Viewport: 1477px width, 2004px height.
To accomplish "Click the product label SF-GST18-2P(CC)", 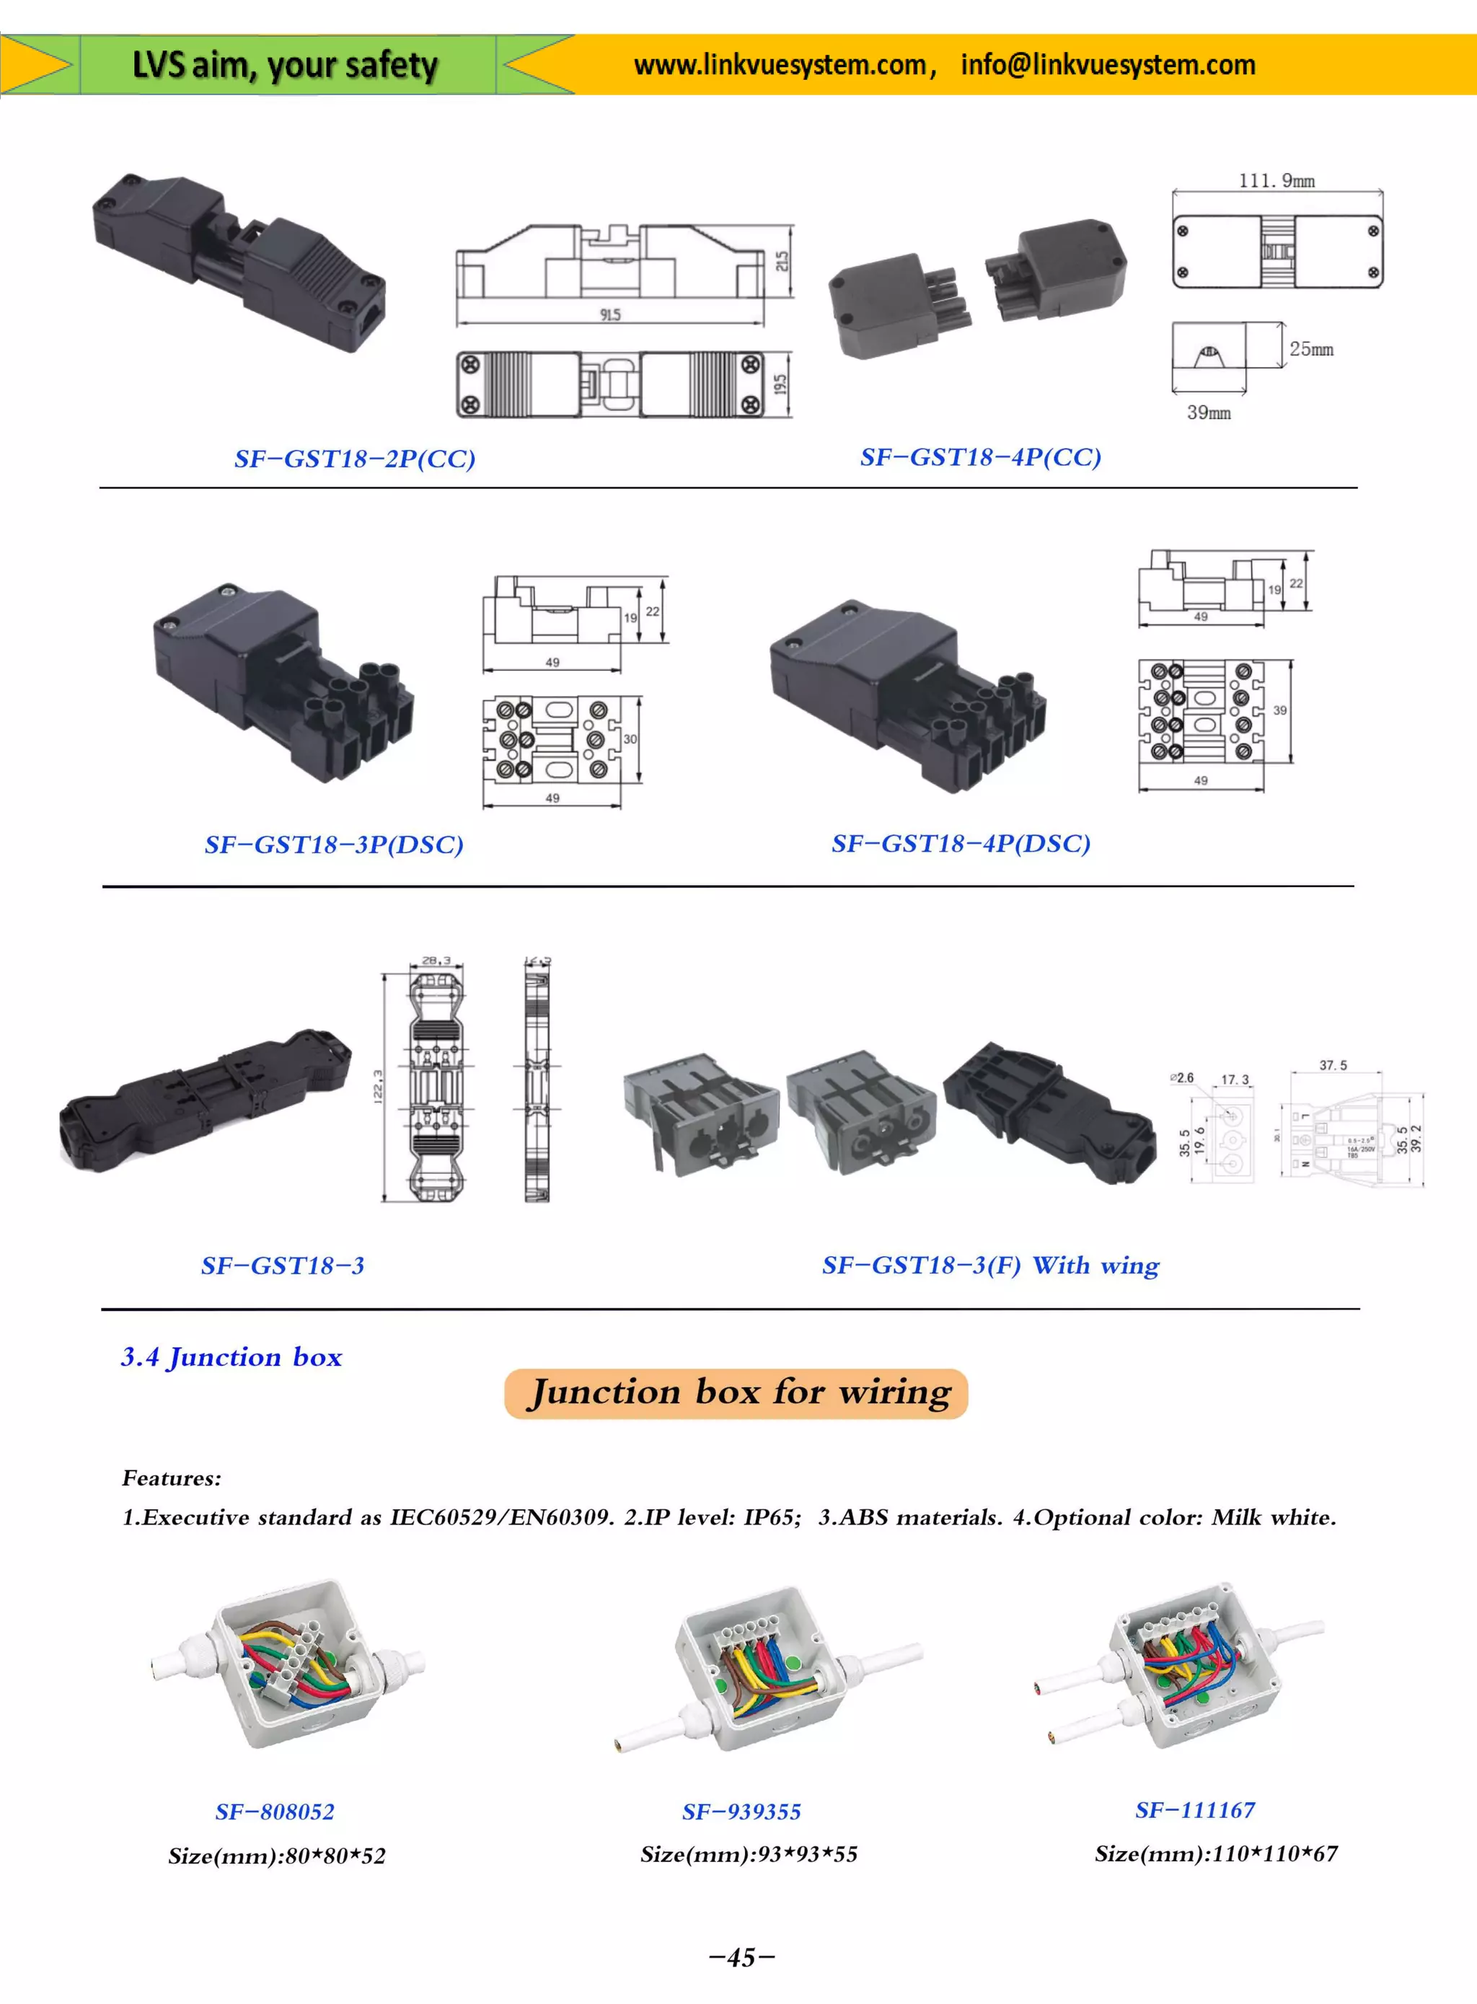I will coord(354,459).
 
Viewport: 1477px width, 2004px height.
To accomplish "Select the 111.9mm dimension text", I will coord(1276,180).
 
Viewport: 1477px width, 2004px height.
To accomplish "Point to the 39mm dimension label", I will coord(1208,412).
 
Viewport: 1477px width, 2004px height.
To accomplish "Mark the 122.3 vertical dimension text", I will coord(378,1086).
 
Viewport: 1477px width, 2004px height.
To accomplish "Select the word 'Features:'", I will coord(172,1478).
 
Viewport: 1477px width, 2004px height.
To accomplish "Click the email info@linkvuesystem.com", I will coord(1108,64).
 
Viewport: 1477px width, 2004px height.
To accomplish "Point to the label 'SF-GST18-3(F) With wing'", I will coord(991,1265).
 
